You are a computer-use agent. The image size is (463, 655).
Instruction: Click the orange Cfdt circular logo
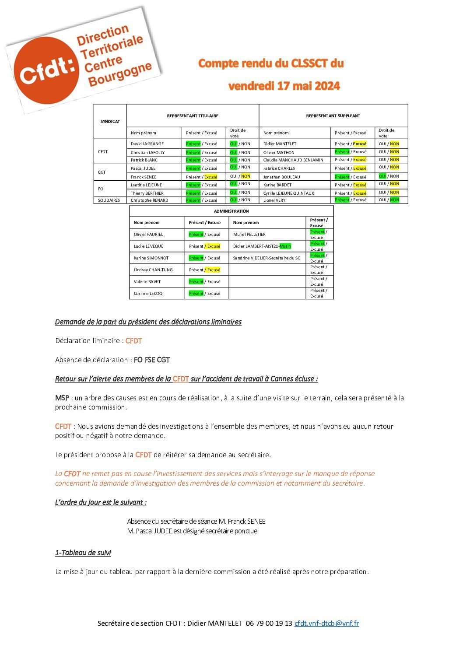click(46, 70)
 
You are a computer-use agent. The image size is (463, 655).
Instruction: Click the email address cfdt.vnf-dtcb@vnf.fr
click(326, 623)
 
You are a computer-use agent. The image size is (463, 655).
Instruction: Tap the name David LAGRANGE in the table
click(147, 144)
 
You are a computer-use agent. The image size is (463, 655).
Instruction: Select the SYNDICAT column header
click(110, 122)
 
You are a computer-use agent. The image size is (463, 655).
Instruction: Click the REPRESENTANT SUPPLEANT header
click(333, 116)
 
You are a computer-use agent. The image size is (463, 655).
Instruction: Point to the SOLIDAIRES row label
click(109, 200)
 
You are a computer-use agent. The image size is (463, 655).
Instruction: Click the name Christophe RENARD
click(149, 200)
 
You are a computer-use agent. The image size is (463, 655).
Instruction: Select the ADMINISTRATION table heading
click(231, 211)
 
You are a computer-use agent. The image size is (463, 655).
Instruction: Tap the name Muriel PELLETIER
click(249, 235)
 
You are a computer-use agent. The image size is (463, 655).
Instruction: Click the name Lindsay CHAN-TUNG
click(153, 270)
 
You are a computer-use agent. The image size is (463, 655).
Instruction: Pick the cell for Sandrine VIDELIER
click(267, 258)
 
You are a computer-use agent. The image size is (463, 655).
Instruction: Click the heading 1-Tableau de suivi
click(83, 553)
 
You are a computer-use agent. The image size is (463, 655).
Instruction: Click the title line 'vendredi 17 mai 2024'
click(284, 86)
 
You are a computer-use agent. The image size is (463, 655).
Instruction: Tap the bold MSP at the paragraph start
click(62, 398)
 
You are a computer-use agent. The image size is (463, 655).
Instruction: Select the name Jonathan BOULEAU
click(281, 177)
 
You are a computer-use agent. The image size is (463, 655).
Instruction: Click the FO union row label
click(101, 189)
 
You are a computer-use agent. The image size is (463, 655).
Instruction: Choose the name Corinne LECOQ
click(148, 294)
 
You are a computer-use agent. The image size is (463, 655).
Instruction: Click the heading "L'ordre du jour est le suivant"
click(101, 502)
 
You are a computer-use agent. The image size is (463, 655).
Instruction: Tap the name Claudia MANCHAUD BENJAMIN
click(293, 160)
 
